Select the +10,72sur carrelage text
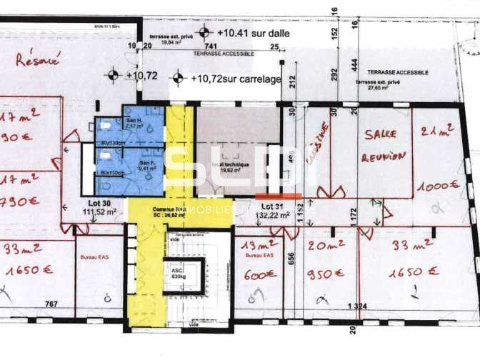pos(236,79)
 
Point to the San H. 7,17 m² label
pos(135,124)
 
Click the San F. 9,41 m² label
pos(148,167)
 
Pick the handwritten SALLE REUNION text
pos(382,145)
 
